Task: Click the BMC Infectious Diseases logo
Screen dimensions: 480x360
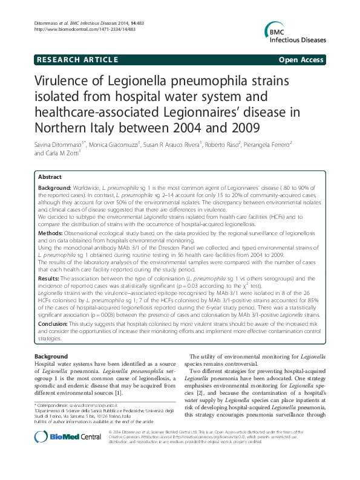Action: click(294, 34)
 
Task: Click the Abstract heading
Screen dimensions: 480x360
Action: click(50, 177)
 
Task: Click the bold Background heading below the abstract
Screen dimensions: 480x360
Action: click(51, 357)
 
